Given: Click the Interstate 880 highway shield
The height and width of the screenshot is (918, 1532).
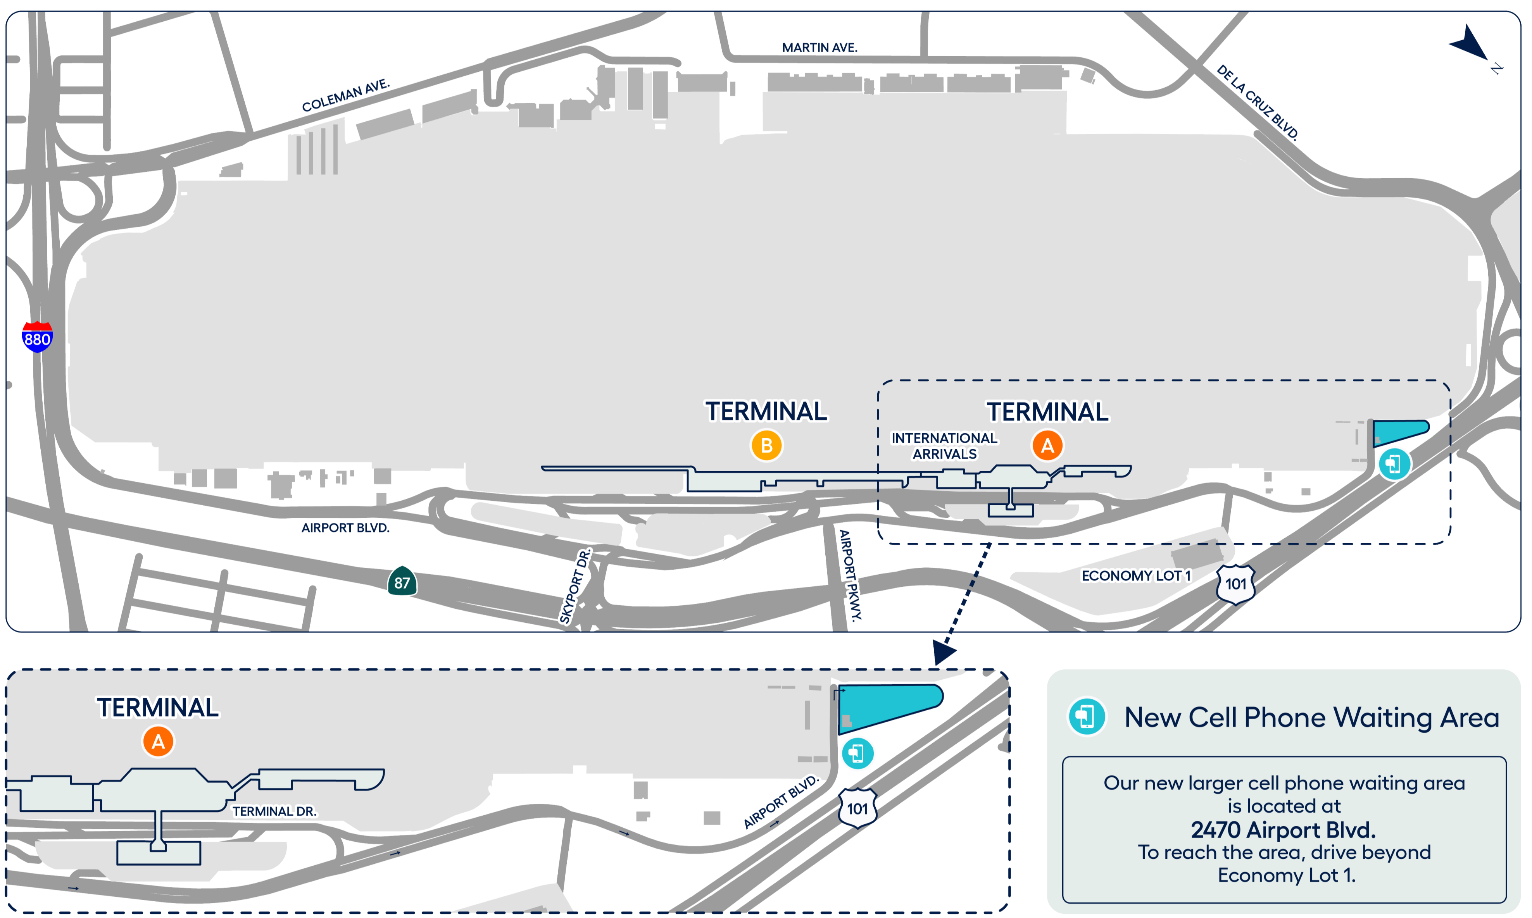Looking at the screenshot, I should [x=37, y=337].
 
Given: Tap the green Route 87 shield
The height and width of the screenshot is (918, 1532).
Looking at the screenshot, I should [x=402, y=582].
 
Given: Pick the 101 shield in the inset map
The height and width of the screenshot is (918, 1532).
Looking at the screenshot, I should [x=857, y=808].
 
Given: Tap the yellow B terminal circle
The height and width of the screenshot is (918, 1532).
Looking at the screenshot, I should [x=767, y=445].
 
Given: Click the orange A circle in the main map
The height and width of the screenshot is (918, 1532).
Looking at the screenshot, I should [x=1047, y=445].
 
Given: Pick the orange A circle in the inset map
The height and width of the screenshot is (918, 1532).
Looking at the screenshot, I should [x=159, y=742].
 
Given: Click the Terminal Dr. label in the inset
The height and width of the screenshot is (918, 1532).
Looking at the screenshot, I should [x=274, y=811].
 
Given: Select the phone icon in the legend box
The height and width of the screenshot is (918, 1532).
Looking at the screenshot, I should [x=1087, y=717].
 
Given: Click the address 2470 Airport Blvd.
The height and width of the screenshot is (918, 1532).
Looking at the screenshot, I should [x=1283, y=830].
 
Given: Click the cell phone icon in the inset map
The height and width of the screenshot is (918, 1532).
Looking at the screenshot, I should [x=857, y=753].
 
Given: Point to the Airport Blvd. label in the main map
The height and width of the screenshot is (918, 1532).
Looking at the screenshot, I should [x=345, y=528].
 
